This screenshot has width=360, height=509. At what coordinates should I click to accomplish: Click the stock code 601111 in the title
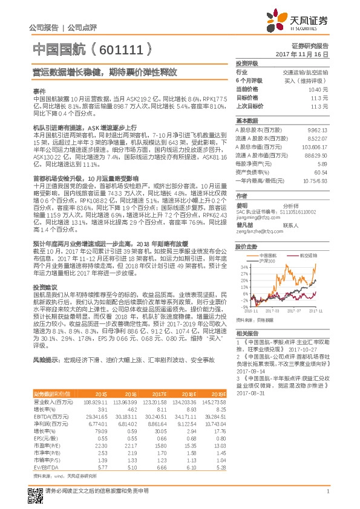pyautogui.click(x=122, y=47)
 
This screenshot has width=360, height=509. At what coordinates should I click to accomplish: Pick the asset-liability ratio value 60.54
pyautogui.click(x=321, y=172)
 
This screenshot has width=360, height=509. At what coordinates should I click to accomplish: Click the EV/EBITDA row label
pyautogui.click(x=45, y=450)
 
